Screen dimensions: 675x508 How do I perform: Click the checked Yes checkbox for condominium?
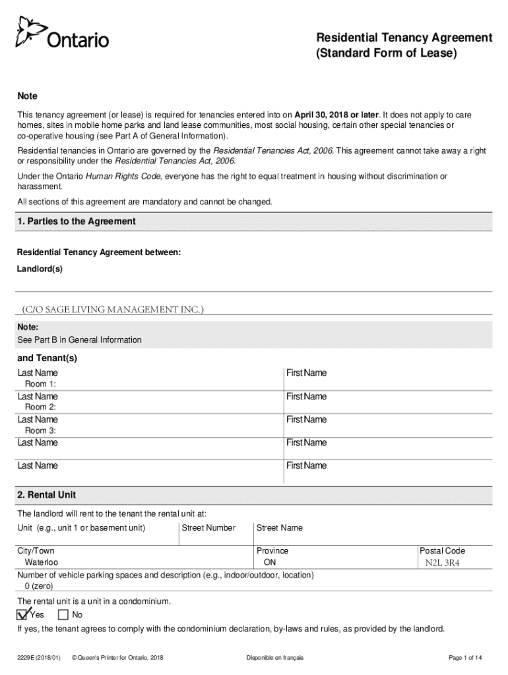[x=22, y=614]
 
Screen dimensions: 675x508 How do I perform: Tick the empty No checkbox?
[x=63, y=615]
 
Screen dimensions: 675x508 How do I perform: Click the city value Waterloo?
[x=42, y=563]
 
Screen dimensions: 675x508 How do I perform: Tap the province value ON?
[x=270, y=563]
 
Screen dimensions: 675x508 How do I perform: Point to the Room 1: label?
[x=40, y=384]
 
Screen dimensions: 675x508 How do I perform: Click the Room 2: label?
[x=40, y=407]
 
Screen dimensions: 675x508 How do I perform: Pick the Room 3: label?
[x=40, y=430]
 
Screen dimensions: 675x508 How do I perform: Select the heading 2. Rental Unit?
[x=51, y=495]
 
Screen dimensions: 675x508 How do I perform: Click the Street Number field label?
[x=207, y=527]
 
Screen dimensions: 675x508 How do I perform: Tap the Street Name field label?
[x=280, y=527]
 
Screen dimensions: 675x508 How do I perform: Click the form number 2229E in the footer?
[x=28, y=658]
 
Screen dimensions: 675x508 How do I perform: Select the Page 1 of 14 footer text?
[x=465, y=658]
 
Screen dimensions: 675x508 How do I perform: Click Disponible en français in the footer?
[x=274, y=658]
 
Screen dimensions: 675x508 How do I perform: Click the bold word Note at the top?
[x=27, y=96]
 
